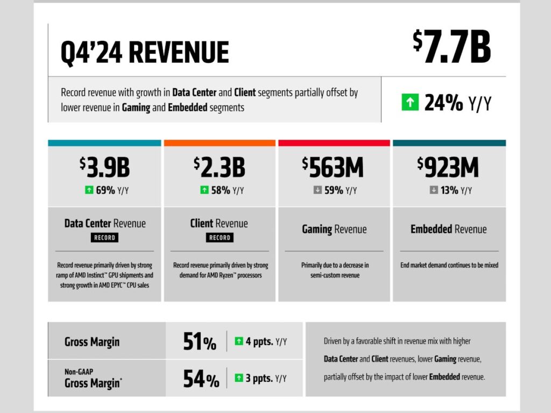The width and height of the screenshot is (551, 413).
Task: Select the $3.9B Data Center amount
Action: [104, 167]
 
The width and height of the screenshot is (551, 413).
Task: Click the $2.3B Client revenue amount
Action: [220, 167]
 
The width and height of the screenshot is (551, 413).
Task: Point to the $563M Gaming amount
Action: [333, 167]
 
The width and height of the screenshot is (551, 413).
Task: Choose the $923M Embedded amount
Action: [448, 167]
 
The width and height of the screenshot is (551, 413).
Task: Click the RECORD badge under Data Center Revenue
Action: [104, 237]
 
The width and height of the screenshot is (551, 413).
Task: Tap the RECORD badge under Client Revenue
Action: [220, 237]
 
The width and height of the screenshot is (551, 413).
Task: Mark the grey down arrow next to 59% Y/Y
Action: [317, 190]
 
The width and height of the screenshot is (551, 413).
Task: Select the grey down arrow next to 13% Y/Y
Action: [434, 190]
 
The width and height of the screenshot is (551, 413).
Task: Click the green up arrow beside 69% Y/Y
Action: [88, 190]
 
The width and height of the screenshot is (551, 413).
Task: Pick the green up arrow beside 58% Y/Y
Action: [204, 190]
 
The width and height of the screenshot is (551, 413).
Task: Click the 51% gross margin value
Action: [200, 342]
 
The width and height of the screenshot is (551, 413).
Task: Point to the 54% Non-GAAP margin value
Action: [201, 378]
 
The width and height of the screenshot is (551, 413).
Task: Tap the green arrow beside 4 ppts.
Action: [239, 341]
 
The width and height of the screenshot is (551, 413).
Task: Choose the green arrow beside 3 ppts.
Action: [239, 378]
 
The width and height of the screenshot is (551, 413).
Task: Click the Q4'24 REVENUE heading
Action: [145, 53]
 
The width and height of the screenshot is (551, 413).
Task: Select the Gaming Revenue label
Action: [334, 229]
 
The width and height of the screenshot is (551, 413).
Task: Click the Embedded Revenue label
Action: [448, 229]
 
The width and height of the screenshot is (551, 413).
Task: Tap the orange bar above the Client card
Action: [220, 143]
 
